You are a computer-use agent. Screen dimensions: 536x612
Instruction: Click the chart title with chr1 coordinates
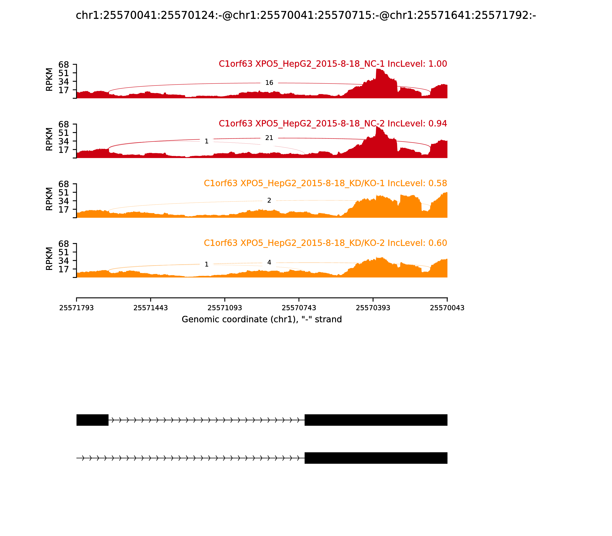pos(306,15)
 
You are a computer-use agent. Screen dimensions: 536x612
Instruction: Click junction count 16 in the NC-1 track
pos(269,83)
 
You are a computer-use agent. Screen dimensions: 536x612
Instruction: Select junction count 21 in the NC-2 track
pos(269,138)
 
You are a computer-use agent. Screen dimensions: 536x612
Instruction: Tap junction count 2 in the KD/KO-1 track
pos(269,201)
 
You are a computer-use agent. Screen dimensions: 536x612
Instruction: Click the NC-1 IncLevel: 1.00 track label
pos(333,64)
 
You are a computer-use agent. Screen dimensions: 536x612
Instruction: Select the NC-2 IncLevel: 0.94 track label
pos(333,123)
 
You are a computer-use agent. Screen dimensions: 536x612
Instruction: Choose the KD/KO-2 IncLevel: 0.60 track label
pos(325,243)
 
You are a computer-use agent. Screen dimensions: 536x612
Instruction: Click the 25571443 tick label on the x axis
pos(151,308)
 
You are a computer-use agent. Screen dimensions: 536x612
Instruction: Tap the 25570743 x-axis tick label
pos(299,308)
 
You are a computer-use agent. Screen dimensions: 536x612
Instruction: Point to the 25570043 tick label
pos(447,308)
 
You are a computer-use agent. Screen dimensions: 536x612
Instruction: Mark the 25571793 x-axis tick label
pos(76,308)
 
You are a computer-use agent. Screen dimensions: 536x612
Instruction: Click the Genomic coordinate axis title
pos(261,319)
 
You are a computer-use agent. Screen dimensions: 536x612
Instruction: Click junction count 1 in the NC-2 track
pos(207,141)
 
